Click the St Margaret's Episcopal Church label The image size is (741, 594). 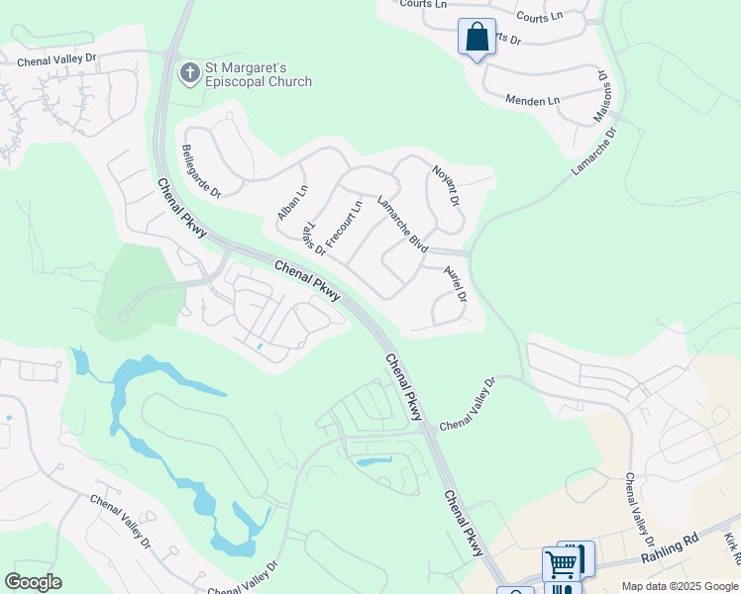tap(258, 75)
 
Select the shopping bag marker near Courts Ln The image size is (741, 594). tap(476, 38)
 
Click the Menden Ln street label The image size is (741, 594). tap(532, 101)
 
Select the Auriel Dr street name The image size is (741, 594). tap(455, 283)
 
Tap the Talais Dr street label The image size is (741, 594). tap(314, 238)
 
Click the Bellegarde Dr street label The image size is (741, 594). tap(201, 171)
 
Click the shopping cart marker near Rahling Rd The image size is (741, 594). tap(562, 564)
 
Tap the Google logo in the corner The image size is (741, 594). tap(33, 582)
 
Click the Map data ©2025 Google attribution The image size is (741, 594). tap(680, 586)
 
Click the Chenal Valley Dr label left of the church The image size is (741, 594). tap(56, 59)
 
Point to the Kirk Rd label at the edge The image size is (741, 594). tap(731, 546)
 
